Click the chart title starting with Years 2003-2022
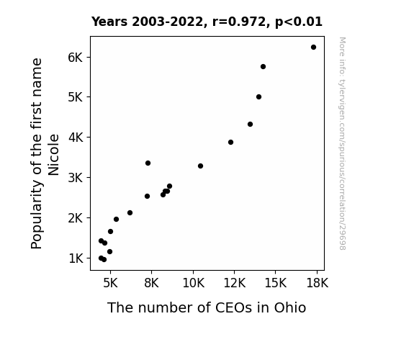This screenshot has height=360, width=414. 207,22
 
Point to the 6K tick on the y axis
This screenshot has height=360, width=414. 76,58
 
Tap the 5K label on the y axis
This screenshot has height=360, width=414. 76,97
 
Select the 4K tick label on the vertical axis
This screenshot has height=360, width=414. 76,138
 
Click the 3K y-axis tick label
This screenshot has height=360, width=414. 76,178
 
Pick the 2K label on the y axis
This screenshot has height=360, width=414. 76,218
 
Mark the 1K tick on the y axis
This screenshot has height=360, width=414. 76,258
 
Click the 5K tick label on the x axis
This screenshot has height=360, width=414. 110,283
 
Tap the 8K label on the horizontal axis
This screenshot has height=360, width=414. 151,283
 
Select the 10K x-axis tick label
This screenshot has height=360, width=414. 193,283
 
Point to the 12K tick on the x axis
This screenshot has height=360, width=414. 234,283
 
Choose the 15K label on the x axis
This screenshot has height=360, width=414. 275,283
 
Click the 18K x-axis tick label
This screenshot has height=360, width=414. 317,283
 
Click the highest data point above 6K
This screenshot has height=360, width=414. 313,48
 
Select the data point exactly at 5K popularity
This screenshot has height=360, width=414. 258,97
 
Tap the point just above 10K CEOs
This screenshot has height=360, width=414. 200,166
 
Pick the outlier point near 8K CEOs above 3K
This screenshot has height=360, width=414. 148,163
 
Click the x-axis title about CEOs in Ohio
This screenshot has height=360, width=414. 207,307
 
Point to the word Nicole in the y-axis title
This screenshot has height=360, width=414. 53,155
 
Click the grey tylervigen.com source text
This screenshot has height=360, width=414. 342,143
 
